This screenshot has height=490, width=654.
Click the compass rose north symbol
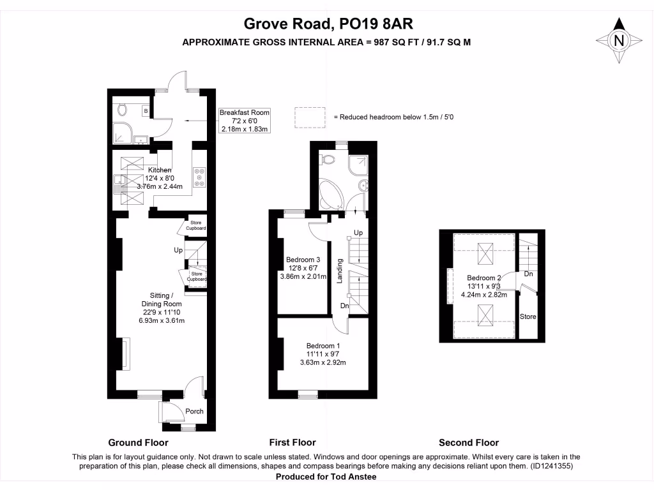point(618,40)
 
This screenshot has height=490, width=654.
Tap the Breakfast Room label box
point(245,121)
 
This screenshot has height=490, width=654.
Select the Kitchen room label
point(160,179)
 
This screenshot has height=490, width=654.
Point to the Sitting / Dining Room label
point(161,308)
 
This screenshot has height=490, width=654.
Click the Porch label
point(194,412)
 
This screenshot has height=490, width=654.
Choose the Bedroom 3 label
point(303,268)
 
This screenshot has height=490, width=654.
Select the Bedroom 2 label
point(483,286)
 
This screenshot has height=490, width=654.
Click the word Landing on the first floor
point(340,271)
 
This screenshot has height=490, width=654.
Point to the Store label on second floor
point(528,317)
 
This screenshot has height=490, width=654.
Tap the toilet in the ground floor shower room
point(123,110)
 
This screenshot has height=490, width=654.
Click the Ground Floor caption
point(138,443)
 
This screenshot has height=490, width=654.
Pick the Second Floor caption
point(469,443)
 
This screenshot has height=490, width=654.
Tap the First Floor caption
point(293,443)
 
